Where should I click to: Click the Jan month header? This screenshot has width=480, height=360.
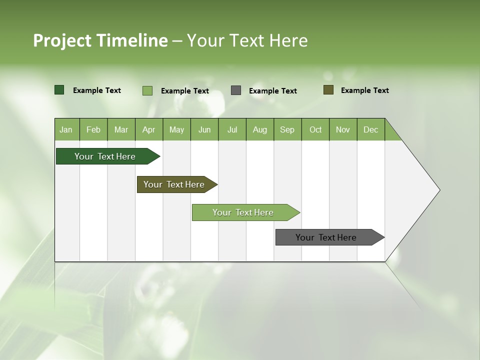point(66,129)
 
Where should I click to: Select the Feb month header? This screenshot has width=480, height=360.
point(93,129)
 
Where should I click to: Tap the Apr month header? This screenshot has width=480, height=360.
point(148,129)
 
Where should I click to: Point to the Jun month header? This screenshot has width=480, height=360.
point(204,129)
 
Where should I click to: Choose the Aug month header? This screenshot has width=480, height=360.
point(259,129)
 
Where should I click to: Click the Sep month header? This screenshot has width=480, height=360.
point(287,129)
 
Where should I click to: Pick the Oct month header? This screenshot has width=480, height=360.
point(315,129)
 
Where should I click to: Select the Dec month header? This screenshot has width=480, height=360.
point(370,129)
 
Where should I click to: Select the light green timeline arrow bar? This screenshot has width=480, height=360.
point(243,212)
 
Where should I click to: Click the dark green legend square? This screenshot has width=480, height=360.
point(59,90)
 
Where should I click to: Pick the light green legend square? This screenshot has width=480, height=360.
point(147,90)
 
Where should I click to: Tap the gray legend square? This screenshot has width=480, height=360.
point(236,90)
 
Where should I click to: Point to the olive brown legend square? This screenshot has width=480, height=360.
point(328,90)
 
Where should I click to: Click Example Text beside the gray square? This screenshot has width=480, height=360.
point(272,91)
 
